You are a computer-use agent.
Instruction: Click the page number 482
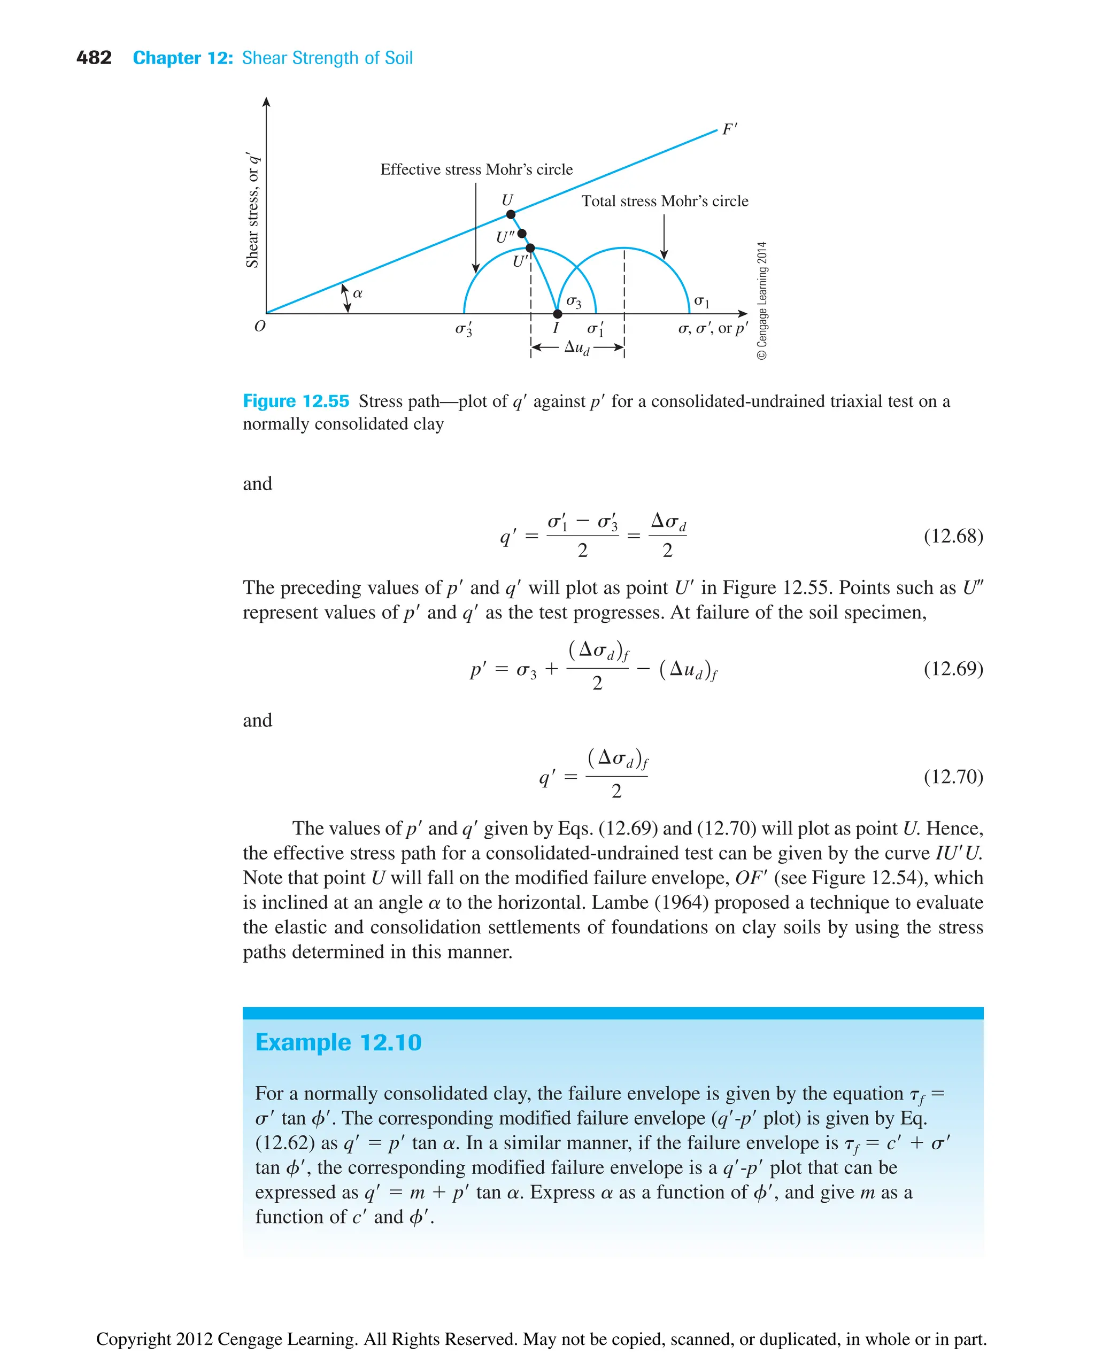[94, 58]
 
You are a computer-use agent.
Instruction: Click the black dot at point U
[511, 214]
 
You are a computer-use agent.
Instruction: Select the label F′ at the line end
[730, 129]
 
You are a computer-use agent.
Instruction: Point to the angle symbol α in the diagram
[358, 293]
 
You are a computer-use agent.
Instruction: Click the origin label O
[260, 327]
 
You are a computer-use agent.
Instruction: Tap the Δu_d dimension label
[576, 347]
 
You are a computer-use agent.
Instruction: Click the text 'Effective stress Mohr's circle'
[476, 169]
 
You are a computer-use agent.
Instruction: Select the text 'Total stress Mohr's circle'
[664, 201]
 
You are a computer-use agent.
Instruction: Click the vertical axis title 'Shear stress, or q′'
[252, 210]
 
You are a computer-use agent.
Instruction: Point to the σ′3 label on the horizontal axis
[464, 329]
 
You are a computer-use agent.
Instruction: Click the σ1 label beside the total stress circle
[701, 302]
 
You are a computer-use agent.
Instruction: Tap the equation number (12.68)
[952, 536]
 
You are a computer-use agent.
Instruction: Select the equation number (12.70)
[952, 776]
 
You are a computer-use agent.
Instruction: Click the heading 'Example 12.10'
[338, 1042]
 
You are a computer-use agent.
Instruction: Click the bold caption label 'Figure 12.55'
[296, 401]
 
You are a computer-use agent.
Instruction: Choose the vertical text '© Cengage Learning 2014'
[762, 300]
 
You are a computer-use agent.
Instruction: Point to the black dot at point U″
[522, 234]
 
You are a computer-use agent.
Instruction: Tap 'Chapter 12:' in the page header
[183, 58]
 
